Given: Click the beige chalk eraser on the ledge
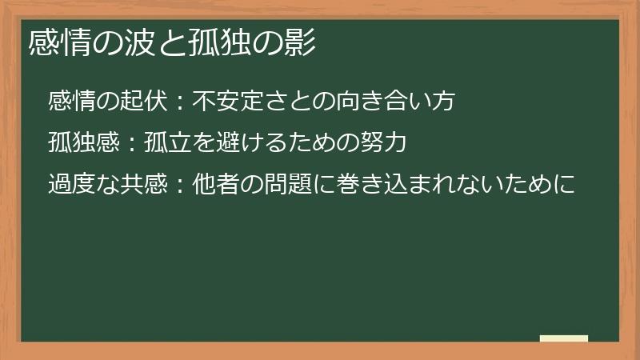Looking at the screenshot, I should point(563,338).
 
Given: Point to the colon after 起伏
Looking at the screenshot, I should point(180,102).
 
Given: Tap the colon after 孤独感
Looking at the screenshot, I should point(132,144).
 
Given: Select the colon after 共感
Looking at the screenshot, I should point(180,186).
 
